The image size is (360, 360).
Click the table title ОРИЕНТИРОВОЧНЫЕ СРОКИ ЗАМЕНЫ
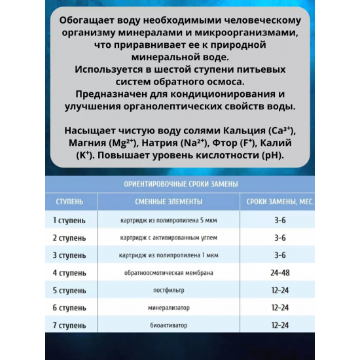pyautogui.click(x=180, y=184)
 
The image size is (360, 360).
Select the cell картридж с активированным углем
pyautogui.click(x=169, y=238)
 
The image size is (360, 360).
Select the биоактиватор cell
pyautogui.click(x=169, y=325)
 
